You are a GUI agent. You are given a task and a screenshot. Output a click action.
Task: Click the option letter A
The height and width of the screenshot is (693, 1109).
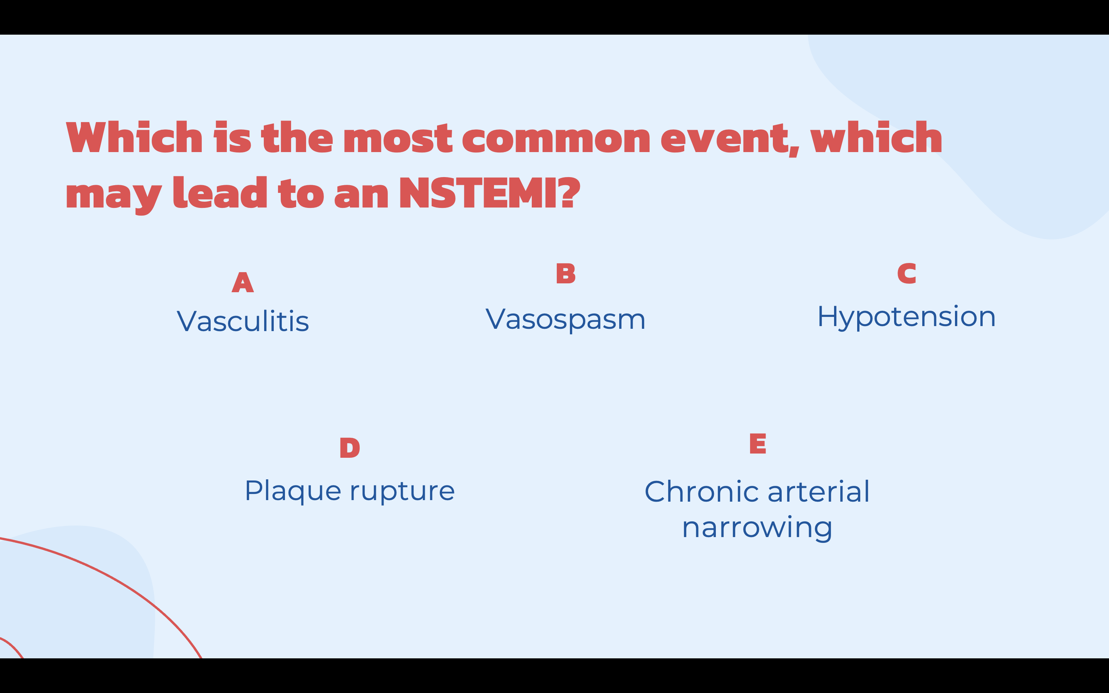243,282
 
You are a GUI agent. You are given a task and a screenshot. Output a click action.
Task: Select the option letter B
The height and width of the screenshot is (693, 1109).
566,274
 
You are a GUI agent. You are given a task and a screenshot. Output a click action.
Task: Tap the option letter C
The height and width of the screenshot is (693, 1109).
906,274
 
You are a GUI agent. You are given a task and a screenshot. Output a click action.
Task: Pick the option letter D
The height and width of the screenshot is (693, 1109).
350,448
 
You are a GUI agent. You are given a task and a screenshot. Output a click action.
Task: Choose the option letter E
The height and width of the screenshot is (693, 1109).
757,444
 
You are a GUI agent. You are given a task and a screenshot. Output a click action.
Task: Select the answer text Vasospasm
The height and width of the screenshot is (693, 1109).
566,319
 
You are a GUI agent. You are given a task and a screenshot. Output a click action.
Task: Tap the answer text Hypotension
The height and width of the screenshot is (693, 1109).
906,317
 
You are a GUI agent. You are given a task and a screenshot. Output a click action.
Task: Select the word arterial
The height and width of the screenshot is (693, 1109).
818,492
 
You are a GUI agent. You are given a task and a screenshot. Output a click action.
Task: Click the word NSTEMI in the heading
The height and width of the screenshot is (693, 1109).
477,193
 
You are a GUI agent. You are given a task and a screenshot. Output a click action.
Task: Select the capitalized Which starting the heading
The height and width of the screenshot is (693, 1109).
134,137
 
